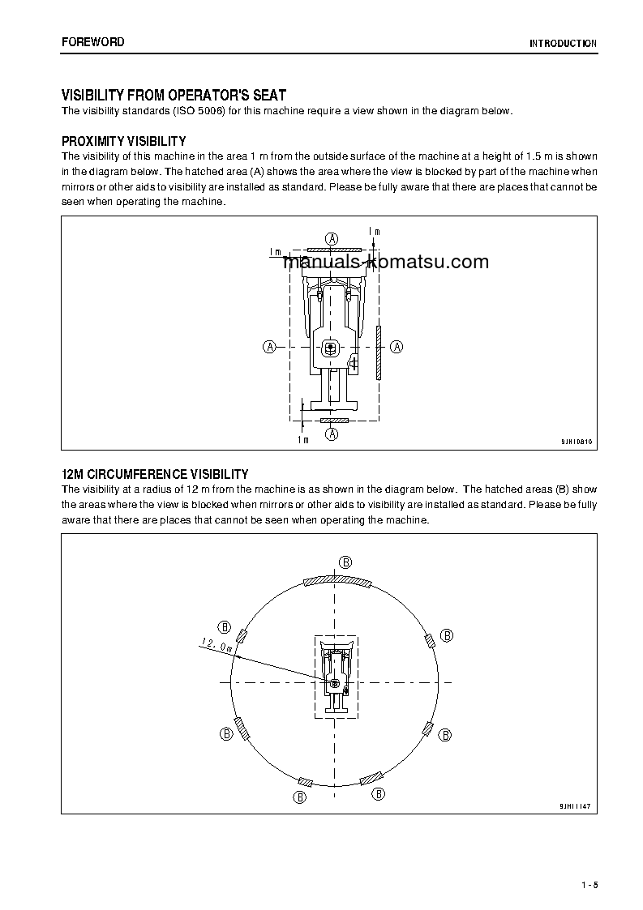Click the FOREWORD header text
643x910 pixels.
pos(92,42)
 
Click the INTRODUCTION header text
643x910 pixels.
pos(563,44)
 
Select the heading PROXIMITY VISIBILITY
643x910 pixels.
pos(124,141)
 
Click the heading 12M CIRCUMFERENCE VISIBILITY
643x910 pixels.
pos(155,474)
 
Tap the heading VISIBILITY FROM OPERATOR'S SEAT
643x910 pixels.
pos(174,96)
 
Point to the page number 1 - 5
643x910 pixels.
pos(589,885)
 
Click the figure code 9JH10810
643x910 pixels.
pos(576,442)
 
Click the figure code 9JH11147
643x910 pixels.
pos(574,807)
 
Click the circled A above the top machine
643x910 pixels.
pos(332,238)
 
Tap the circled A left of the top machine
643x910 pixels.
pos(269,346)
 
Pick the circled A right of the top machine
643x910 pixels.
pos(397,346)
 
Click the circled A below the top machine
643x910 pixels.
pos(332,434)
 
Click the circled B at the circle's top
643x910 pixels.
pos(345,562)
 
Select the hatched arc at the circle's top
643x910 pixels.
pos(336,582)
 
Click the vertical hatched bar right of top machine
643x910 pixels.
pos(379,353)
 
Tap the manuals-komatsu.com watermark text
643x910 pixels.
pos(386,262)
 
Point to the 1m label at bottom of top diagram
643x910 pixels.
pos(302,439)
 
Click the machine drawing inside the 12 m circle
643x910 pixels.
pos(336,676)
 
